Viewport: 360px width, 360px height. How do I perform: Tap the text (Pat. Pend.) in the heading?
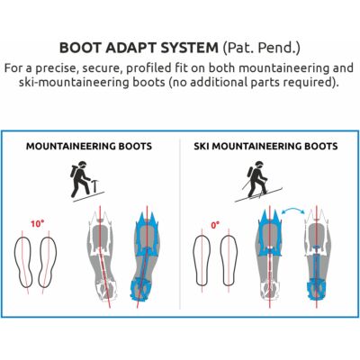coord(261,48)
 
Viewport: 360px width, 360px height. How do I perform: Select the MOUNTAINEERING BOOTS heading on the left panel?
coord(89,147)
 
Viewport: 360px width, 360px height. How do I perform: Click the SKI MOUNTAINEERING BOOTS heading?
coord(265,147)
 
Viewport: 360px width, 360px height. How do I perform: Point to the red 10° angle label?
coord(37,224)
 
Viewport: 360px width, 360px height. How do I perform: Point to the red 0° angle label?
coord(215,225)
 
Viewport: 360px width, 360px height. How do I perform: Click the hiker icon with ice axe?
coord(84,181)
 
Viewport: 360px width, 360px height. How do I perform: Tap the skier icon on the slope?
coord(258,182)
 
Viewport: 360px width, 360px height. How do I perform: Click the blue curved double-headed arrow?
coord(293,211)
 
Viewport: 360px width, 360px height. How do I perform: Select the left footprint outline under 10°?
coord(22,262)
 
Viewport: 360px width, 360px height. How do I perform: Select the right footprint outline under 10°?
coord(48,262)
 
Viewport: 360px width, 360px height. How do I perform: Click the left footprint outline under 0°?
coord(202,260)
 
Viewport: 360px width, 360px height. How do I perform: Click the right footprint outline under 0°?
coord(229,260)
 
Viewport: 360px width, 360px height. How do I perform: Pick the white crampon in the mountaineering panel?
coord(102,256)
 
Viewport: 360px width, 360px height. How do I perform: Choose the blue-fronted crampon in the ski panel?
coord(270,256)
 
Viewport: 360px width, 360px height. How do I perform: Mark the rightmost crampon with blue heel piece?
coord(318,256)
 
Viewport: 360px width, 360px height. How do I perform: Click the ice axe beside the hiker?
coord(94,185)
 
